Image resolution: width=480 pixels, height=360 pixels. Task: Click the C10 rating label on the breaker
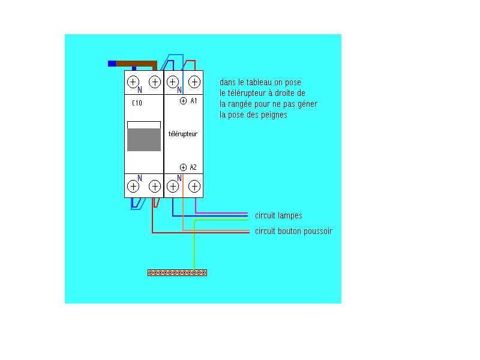pyautogui.click(x=137, y=103)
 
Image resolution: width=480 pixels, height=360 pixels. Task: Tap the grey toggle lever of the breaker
pyautogui.click(x=144, y=139)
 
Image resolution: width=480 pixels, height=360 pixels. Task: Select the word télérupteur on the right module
pyautogui.click(x=183, y=134)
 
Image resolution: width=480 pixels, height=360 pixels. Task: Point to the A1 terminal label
pyautogui.click(x=194, y=101)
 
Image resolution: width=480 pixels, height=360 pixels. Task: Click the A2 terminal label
pyautogui.click(x=193, y=167)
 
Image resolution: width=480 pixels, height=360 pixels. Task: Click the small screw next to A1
pyautogui.click(x=183, y=101)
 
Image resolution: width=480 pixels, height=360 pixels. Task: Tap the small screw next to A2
pyautogui.click(x=183, y=167)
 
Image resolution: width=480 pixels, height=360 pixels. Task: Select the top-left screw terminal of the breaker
pyautogui.click(x=133, y=82)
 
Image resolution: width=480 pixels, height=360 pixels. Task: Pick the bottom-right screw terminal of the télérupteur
pyautogui.click(x=194, y=186)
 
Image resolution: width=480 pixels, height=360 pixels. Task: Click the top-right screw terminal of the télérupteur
pyautogui.click(x=194, y=82)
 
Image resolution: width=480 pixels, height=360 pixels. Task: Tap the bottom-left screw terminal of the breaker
pyautogui.click(x=133, y=186)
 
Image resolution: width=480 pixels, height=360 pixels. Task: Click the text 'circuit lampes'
pyautogui.click(x=278, y=215)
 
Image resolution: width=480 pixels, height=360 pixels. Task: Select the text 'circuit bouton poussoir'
pyautogui.click(x=293, y=231)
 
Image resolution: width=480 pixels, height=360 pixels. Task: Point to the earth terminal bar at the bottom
pyautogui.click(x=178, y=273)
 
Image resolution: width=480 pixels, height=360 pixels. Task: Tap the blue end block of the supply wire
pyautogui.click(x=112, y=63)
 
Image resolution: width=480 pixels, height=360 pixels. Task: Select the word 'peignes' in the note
pyautogui.click(x=275, y=115)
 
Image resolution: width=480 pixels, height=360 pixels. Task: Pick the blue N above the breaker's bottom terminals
pyautogui.click(x=140, y=178)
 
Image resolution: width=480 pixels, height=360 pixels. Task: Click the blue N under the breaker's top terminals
pyautogui.click(x=140, y=91)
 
